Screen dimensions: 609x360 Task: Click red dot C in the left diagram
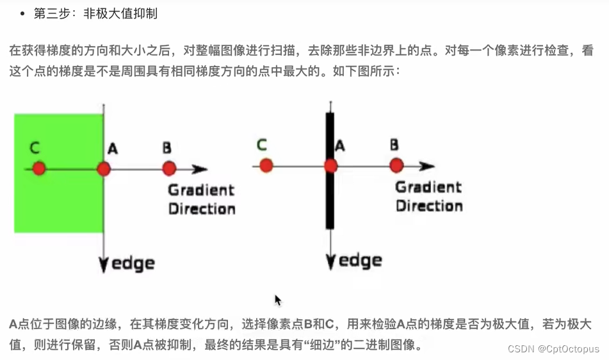[x=39, y=168]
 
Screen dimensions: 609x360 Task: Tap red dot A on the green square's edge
[x=104, y=169]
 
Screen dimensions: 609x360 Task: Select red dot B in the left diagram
[x=169, y=168]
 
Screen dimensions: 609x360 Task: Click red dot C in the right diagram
[x=266, y=166]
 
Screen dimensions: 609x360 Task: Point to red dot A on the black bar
[x=330, y=166]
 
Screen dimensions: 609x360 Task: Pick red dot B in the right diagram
[x=396, y=165]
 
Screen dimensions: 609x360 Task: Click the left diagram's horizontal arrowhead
[x=200, y=169]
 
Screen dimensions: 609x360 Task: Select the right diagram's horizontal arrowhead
[x=427, y=166]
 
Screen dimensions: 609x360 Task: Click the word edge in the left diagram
[x=133, y=263]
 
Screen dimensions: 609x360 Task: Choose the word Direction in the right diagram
[x=429, y=206]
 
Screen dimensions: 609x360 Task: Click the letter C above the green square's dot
[x=35, y=149]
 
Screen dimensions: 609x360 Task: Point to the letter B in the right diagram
[x=394, y=145]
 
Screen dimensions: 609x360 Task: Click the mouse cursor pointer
[x=278, y=300]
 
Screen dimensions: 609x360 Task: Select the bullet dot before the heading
[x=22, y=13]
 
